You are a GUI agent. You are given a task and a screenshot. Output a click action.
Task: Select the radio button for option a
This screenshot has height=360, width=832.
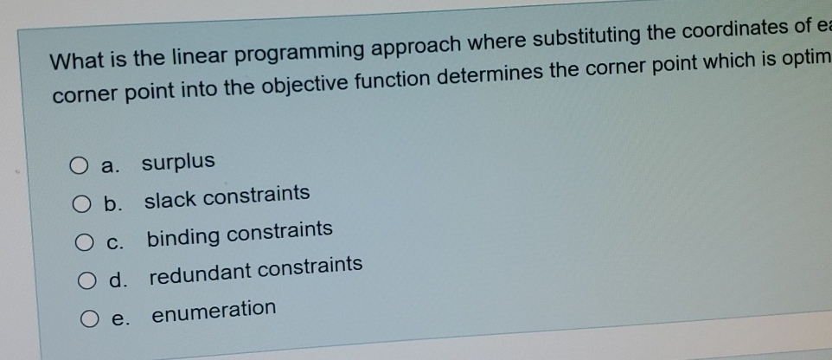coord(77,165)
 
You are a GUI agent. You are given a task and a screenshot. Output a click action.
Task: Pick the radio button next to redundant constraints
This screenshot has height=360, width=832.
coord(88,281)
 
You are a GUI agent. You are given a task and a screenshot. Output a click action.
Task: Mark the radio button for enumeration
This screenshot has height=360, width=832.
coord(91,320)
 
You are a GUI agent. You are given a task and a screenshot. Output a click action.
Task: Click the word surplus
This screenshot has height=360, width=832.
coord(178,162)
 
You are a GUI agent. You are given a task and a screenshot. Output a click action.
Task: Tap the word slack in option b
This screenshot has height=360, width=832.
coord(165,199)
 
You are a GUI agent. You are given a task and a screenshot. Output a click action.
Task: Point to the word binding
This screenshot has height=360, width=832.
coord(184,235)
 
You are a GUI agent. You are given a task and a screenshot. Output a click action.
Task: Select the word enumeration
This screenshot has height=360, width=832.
coord(214,310)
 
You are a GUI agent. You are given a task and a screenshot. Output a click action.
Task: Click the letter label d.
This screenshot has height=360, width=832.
coord(115,280)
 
